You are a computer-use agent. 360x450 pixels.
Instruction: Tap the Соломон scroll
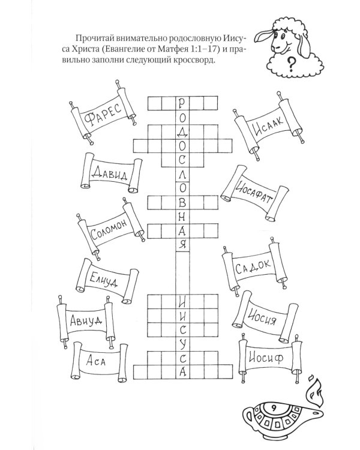[109, 231]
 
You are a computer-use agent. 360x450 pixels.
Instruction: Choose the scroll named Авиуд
[85, 320]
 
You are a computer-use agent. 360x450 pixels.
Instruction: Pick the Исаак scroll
[265, 127]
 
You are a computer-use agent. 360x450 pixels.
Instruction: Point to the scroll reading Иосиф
[268, 359]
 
